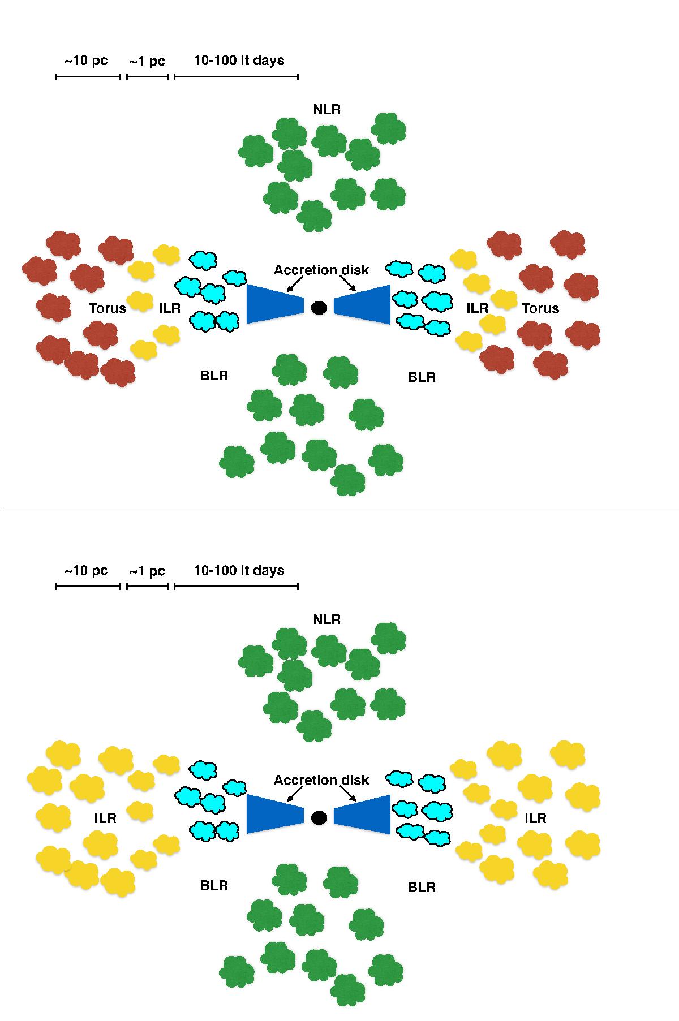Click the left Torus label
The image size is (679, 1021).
[108, 308]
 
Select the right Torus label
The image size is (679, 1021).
[540, 308]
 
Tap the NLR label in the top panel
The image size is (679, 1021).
[327, 109]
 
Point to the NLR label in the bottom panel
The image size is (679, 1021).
[327, 620]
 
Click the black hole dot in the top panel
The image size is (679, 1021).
[319, 307]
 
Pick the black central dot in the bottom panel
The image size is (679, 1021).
[319, 817]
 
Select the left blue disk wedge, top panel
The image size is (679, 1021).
[276, 304]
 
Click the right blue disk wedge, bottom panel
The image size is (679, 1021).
[362, 815]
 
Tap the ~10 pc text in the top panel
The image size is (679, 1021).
[85, 61]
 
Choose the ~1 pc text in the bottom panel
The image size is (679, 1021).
[147, 571]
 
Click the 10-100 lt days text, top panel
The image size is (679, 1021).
[239, 61]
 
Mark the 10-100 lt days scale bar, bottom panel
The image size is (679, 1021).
[237, 587]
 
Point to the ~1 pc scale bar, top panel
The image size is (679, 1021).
[148, 76]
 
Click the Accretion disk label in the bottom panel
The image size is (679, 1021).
[321, 780]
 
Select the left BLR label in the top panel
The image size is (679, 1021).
[214, 375]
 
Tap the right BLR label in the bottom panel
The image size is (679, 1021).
[422, 887]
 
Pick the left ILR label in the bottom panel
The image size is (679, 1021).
[105, 818]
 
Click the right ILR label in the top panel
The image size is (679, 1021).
[478, 308]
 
